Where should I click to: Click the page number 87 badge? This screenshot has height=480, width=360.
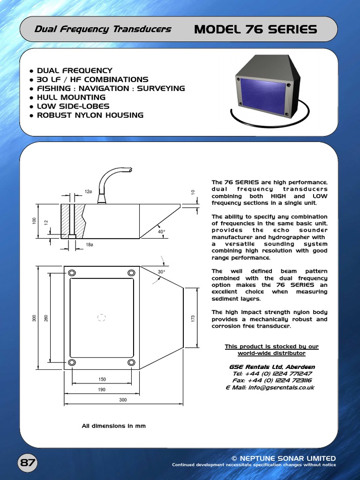28,463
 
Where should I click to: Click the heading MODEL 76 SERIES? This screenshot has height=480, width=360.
255,30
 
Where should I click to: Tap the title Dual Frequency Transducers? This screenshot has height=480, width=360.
103,30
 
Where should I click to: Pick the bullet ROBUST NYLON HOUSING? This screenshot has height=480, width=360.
90,115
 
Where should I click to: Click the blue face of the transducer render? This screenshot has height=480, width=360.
262,96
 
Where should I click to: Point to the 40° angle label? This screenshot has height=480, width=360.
161,232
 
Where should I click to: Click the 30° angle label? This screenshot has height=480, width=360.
161,272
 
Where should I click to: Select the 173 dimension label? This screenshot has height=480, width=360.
193,318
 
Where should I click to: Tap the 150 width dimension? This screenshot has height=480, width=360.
102,379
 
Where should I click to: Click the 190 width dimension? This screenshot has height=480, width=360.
102,390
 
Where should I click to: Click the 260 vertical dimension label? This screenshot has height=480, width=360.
46,318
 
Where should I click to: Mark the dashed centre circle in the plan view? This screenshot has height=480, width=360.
102,318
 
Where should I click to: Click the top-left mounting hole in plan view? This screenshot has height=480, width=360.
72,273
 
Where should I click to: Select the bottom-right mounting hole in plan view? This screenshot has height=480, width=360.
132,362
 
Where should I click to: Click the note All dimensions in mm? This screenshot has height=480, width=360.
114,426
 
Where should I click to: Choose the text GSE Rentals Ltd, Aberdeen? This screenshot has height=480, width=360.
272,367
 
